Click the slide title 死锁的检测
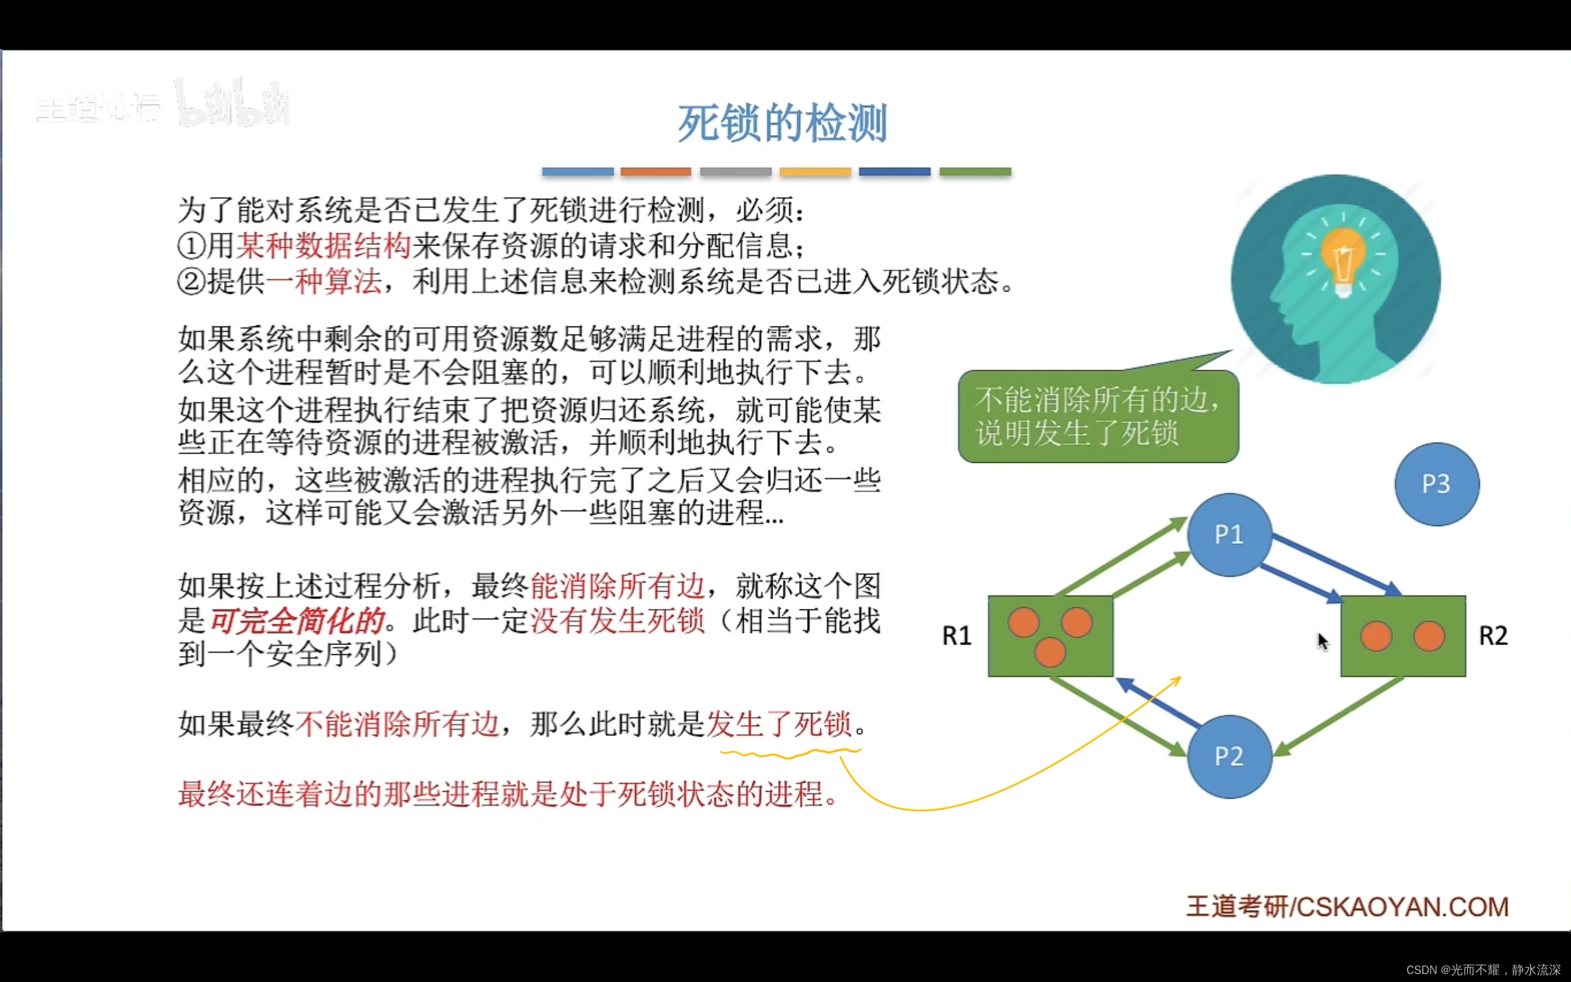click(x=782, y=123)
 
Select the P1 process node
click(x=1229, y=535)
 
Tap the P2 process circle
click(x=1229, y=757)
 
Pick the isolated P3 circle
click(x=1436, y=484)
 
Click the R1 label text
click(x=957, y=636)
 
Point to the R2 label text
click(x=1492, y=636)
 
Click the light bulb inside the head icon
click(x=1343, y=260)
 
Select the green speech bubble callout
click(x=1098, y=416)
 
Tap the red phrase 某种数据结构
click(x=323, y=246)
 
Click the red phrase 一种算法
click(x=323, y=282)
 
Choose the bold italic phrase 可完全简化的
click(x=297, y=621)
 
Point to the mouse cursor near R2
click(x=1322, y=641)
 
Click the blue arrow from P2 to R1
click(x=1159, y=703)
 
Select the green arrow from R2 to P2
click(x=1340, y=716)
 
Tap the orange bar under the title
click(x=655, y=172)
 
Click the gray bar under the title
click(x=736, y=172)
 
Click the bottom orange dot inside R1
click(x=1050, y=652)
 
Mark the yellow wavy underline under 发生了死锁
click(x=790, y=754)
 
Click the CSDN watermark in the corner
click(x=1483, y=970)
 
